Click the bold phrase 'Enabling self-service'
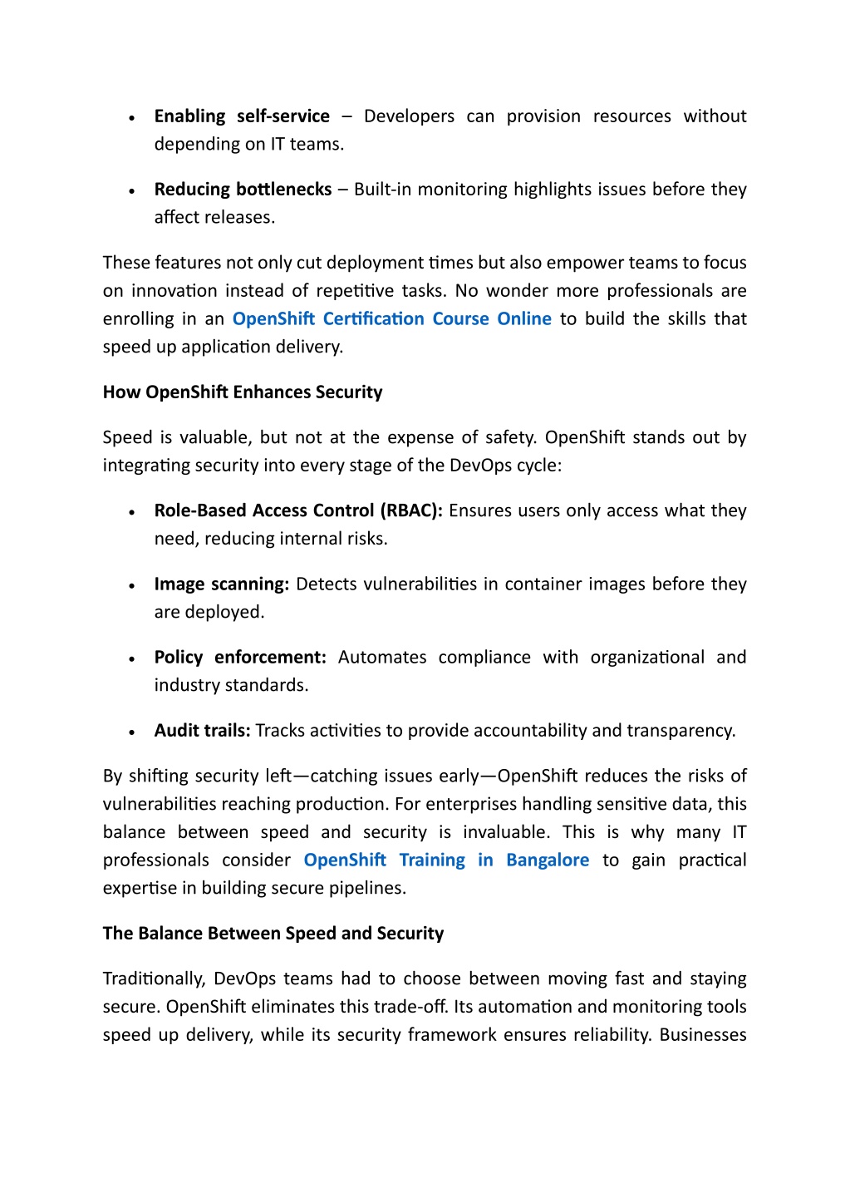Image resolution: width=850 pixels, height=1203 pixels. click(x=242, y=116)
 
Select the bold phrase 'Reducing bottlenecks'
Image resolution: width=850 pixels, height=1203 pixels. click(x=243, y=190)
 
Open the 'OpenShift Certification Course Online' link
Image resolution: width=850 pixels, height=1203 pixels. click(x=391, y=319)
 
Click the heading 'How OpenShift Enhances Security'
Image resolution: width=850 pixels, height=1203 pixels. click(x=243, y=392)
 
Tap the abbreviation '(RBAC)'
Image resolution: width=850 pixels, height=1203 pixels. click(x=411, y=511)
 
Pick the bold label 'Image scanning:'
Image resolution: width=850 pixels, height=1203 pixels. click(x=221, y=584)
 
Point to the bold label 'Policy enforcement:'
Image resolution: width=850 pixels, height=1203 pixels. click(x=240, y=658)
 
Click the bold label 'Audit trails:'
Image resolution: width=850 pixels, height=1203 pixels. click(x=202, y=731)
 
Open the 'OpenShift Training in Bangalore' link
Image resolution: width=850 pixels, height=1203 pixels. click(x=446, y=860)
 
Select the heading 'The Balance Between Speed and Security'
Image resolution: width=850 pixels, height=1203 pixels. click(x=273, y=934)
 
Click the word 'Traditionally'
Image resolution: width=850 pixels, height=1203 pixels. click(x=154, y=979)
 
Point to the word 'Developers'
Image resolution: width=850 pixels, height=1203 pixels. click(x=409, y=116)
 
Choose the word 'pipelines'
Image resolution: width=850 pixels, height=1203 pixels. click(x=367, y=889)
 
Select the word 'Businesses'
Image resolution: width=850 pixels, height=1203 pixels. click(x=703, y=1035)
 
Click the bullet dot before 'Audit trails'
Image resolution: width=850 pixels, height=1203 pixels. click(x=132, y=732)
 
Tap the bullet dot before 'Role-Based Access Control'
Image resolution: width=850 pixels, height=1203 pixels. click(x=132, y=513)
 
